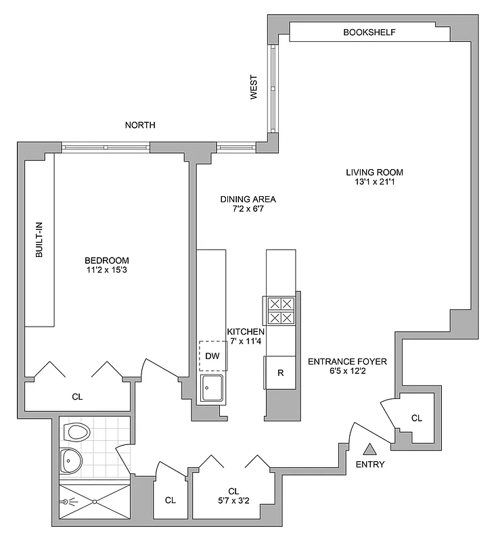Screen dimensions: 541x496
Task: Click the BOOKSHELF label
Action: [369, 32]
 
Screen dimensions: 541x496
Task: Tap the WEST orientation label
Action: [254, 87]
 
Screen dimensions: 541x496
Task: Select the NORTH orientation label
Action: [140, 125]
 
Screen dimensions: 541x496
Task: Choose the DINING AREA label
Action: [248, 199]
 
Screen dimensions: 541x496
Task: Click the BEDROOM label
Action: [106, 260]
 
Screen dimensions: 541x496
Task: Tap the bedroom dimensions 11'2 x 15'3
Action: [106, 271]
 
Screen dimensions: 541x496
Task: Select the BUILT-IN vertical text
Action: [39, 241]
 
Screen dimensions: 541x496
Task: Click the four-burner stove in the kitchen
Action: [280, 311]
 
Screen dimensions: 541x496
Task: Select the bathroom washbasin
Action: [71, 461]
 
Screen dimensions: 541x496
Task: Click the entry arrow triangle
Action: [370, 448]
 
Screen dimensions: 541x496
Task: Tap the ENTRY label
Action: [370, 465]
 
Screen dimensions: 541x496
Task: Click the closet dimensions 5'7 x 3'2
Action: [233, 502]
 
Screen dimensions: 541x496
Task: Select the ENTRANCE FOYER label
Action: [347, 362]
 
